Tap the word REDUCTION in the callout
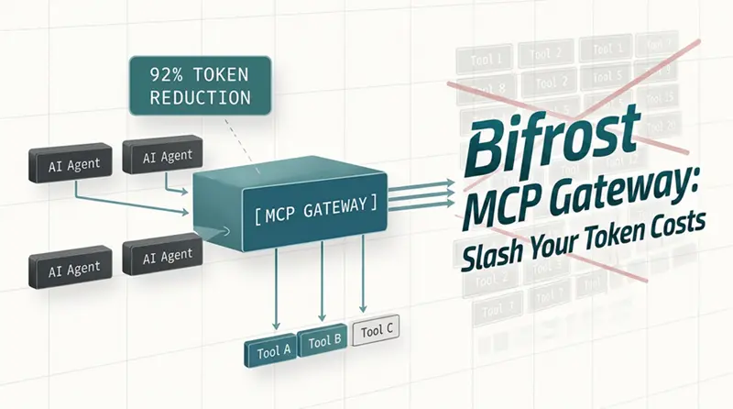(190, 95)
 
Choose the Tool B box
(322, 342)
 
